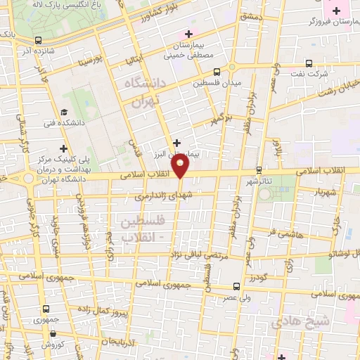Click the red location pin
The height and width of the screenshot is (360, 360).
pos(181,167)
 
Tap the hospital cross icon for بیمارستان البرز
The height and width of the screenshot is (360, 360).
pos(176,142)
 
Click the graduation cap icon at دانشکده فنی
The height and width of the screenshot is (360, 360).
pos(64,112)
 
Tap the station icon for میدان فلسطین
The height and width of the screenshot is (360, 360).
pos(216,71)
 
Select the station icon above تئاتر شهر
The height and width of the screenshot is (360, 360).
pos(259,169)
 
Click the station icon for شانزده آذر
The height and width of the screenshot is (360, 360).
pos(38,40)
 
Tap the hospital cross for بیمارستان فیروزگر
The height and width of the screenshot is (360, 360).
pos(336,11)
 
